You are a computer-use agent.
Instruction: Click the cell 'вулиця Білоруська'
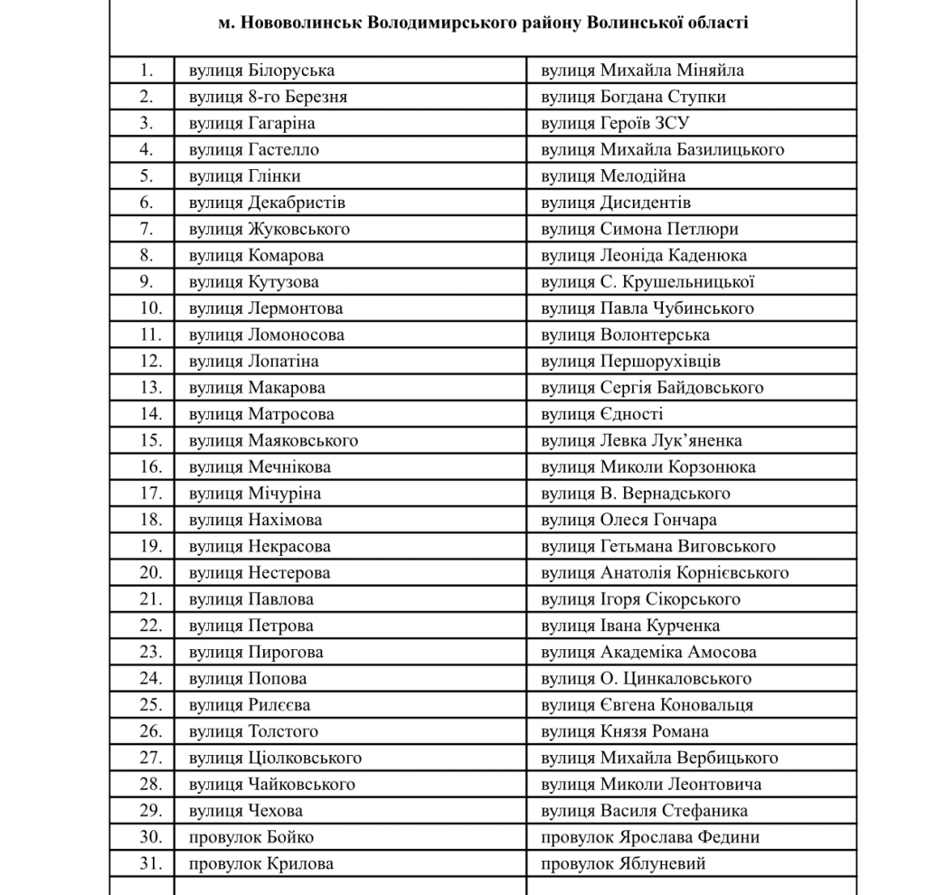(261, 71)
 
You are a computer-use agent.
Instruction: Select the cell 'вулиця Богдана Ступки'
(633, 97)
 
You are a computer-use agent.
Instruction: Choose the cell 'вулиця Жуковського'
(269, 229)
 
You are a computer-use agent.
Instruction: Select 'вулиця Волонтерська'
(625, 334)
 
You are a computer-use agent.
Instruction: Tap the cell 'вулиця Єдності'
(602, 414)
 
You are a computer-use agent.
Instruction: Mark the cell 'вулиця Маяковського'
(273, 440)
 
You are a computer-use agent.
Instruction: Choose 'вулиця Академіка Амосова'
(648, 652)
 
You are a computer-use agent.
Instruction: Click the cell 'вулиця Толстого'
(253, 731)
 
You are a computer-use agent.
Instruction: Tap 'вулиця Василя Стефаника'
(644, 811)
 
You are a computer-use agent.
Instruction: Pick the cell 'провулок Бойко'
(250, 837)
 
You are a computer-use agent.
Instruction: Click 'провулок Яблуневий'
(623, 863)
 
